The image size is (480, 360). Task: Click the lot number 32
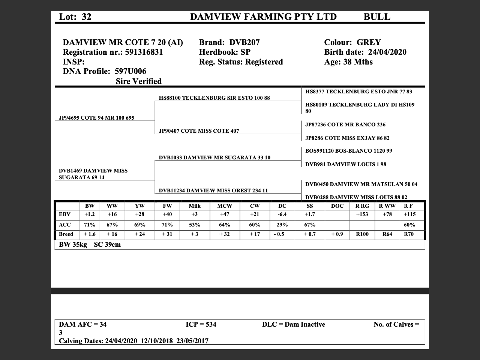(x=86, y=17)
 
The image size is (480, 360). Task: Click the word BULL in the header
(x=376, y=17)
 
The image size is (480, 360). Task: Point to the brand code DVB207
(x=244, y=42)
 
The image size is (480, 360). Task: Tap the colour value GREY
(x=369, y=42)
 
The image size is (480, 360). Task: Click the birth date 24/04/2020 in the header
(x=387, y=52)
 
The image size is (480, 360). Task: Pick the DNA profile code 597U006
(x=130, y=71)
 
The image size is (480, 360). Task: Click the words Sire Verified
(x=139, y=81)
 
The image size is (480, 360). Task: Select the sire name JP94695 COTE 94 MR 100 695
(x=96, y=118)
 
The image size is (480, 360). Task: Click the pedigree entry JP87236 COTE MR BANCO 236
(x=345, y=124)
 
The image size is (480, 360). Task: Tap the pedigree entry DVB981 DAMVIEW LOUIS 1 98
(x=345, y=164)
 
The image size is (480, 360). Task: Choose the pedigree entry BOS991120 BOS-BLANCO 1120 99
(x=348, y=151)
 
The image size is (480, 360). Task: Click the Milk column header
(x=195, y=206)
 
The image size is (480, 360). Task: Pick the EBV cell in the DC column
(x=282, y=214)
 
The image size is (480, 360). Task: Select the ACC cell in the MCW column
(x=224, y=225)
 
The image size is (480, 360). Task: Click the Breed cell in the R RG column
(x=362, y=234)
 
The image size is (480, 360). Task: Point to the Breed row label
(x=66, y=234)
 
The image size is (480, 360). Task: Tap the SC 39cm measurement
(x=107, y=244)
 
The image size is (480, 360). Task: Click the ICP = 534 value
(x=201, y=324)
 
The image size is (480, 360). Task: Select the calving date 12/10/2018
(x=157, y=341)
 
